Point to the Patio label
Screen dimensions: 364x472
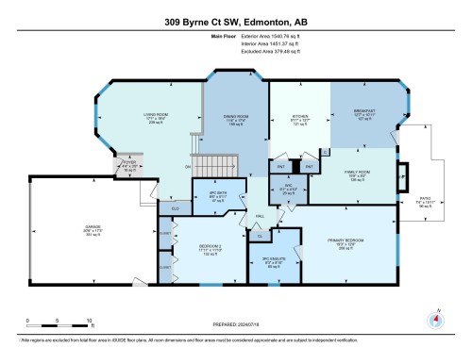(x=425, y=201)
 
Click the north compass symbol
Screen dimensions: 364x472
(x=436, y=318)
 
